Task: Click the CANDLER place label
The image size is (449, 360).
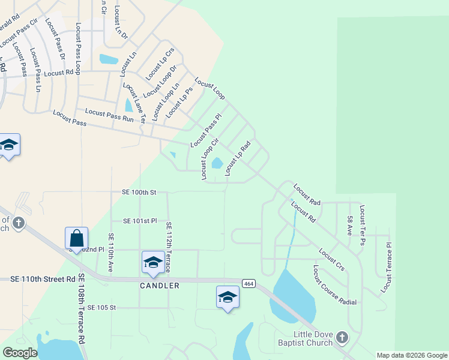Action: pos(160,286)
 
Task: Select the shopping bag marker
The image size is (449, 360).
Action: pos(77,238)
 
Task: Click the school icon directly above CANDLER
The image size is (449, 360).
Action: pos(153,262)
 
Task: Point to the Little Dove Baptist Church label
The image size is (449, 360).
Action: pos(312,339)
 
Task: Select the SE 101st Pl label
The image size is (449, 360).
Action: pos(140,221)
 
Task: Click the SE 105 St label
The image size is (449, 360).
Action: pos(101,307)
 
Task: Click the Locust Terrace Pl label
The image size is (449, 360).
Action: pos(385,268)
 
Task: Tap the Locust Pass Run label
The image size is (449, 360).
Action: pos(109,115)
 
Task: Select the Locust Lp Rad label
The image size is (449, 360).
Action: pos(237,159)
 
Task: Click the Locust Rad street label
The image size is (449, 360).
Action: pos(307,195)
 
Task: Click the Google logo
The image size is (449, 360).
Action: pos(19,353)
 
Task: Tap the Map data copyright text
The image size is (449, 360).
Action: pos(411,355)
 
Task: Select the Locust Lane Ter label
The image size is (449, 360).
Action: pos(134,103)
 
